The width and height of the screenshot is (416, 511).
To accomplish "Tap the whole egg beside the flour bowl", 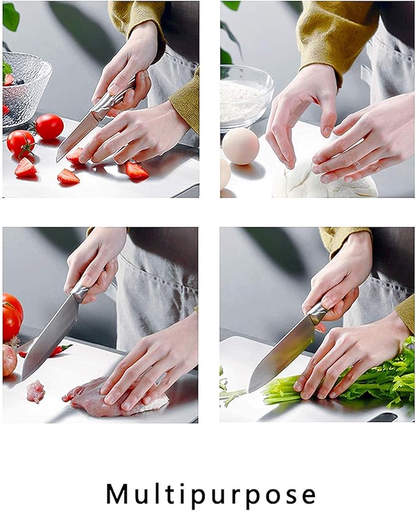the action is point(241,146).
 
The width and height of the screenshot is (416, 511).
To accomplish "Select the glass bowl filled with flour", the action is point(246,96).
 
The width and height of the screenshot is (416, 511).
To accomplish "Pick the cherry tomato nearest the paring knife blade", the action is point(49,126).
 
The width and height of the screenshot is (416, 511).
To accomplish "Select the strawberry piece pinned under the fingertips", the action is point(75,156).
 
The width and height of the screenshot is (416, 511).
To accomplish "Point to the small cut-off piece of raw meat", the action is point(36,391).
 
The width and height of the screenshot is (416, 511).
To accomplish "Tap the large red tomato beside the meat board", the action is point(12,316).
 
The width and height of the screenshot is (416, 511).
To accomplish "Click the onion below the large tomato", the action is point(9,360).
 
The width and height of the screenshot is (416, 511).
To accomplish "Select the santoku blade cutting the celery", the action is point(282,352).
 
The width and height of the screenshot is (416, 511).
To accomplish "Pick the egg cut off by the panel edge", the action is point(225,173).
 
